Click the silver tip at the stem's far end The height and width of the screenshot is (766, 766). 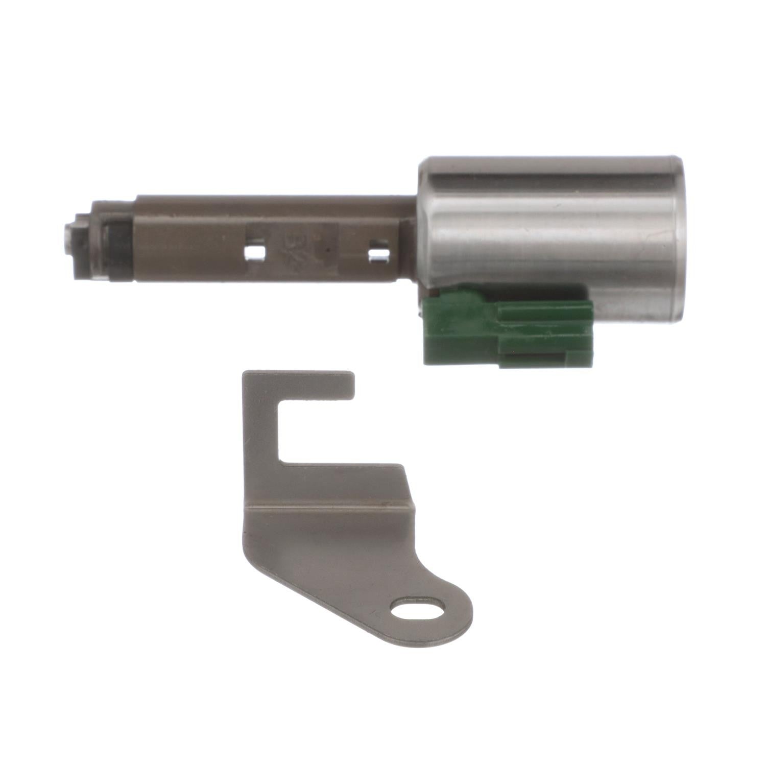coord(68,240)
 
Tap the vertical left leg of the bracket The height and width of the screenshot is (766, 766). coord(260,434)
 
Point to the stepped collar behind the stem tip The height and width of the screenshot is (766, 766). coord(84,240)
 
